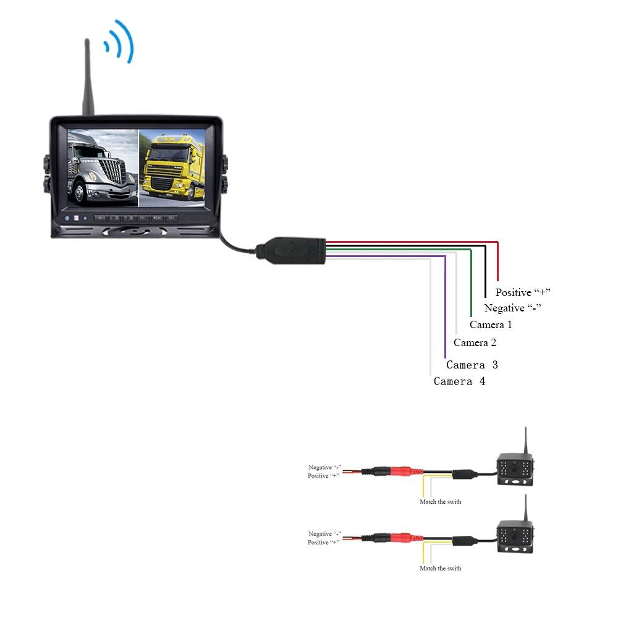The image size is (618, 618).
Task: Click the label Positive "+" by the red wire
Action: pyautogui.click(x=522, y=292)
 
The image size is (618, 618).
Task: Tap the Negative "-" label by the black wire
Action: pyautogui.click(x=512, y=308)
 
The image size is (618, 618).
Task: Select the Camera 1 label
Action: pyautogui.click(x=491, y=324)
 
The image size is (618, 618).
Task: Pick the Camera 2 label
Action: pyautogui.click(x=475, y=342)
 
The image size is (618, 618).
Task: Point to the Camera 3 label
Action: pyautogui.click(x=472, y=365)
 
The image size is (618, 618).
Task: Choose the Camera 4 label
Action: pyautogui.click(x=459, y=381)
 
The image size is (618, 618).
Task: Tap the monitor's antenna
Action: pyautogui.click(x=88, y=77)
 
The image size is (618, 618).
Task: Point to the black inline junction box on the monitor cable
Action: pyautogui.click(x=291, y=250)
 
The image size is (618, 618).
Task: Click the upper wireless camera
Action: pyautogui.click(x=515, y=469)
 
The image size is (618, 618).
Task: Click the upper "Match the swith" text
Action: pyautogui.click(x=440, y=502)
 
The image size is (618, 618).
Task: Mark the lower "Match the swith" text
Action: pyautogui.click(x=440, y=568)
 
